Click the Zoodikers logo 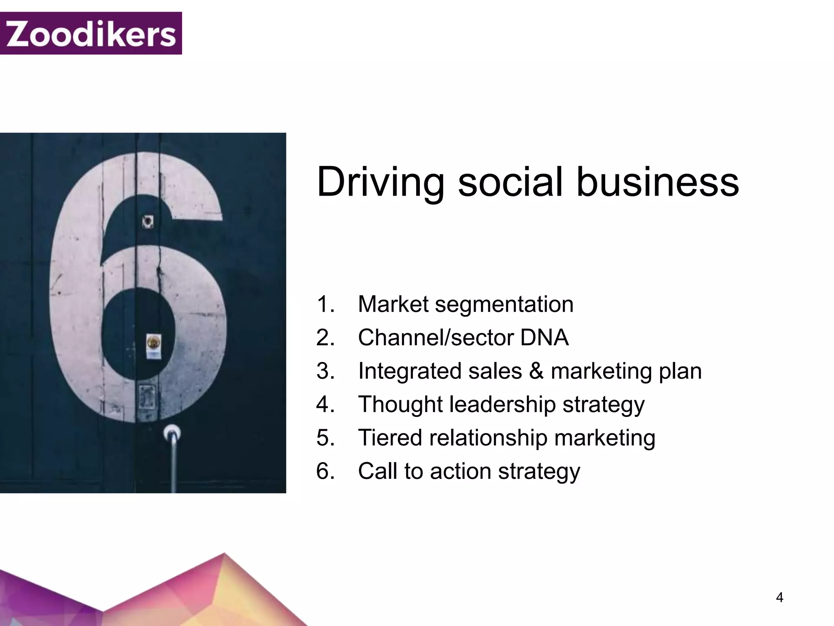coord(91,33)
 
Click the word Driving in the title coord(381,182)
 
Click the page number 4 coord(779,597)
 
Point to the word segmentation coord(504,304)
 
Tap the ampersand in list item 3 coord(536,371)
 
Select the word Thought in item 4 coord(400,404)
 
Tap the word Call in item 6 coord(377,471)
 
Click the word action coord(461,472)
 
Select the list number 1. coord(325,304)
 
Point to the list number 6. coord(325,471)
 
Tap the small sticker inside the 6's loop coord(154,346)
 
